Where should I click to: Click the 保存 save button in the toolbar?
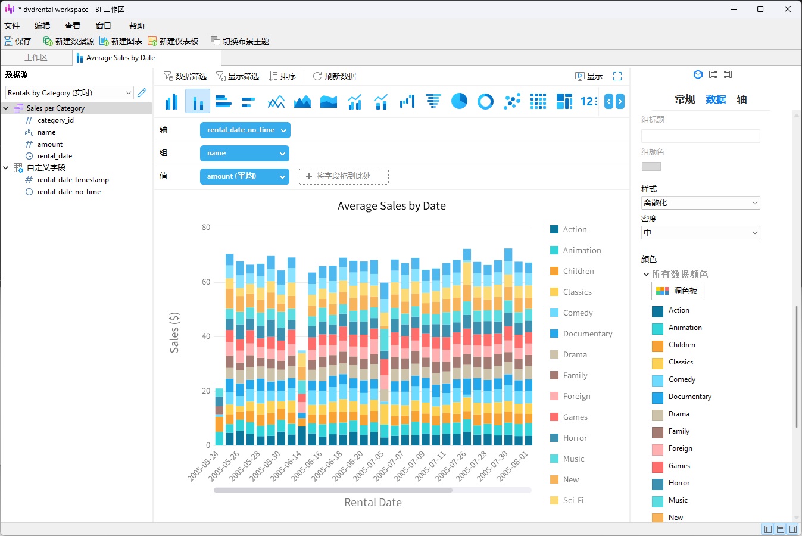coord(18,41)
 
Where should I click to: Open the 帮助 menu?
coord(136,26)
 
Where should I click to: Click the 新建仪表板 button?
coord(173,41)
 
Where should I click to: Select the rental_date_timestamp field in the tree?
coord(73,180)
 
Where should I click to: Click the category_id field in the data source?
coord(55,120)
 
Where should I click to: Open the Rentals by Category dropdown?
coord(69,93)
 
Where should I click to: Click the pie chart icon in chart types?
coord(459,101)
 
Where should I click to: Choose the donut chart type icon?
coord(485,101)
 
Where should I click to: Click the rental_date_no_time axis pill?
coord(244,130)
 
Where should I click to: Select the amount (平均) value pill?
coord(244,176)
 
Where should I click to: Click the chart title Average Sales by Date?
coord(391,206)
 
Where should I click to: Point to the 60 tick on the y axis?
coord(206,282)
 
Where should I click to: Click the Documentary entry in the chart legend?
coord(587,334)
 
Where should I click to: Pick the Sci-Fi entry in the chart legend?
coord(573,500)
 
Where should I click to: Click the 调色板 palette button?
coord(678,291)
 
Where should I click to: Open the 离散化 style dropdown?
coord(700,203)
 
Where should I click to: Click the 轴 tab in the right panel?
coord(741,99)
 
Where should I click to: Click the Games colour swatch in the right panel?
coord(657,466)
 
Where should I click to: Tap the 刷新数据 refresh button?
coord(335,76)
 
